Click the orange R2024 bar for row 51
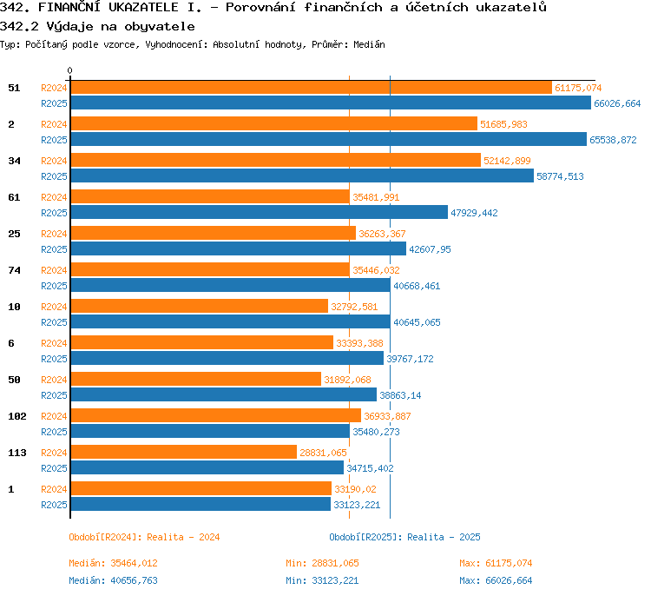click(x=312, y=88)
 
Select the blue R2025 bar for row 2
click(x=329, y=139)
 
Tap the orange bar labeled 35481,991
click(x=211, y=196)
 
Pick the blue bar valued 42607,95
click(x=239, y=248)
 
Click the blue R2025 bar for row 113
click(x=207, y=467)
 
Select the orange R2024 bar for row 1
click(x=201, y=488)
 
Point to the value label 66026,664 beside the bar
click(x=617, y=103)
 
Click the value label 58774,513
click(x=560, y=176)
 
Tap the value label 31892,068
click(x=347, y=380)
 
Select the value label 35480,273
click(x=376, y=432)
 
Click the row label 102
click(x=17, y=416)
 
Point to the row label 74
click(x=14, y=270)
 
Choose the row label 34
click(x=14, y=161)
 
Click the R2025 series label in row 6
click(x=54, y=359)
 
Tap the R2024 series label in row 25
click(x=54, y=234)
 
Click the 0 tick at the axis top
click(x=69, y=70)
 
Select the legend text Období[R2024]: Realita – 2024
click(x=144, y=537)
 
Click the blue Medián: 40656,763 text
click(x=113, y=580)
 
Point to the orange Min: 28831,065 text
click(x=322, y=563)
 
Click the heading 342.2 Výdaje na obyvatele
click(x=97, y=27)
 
